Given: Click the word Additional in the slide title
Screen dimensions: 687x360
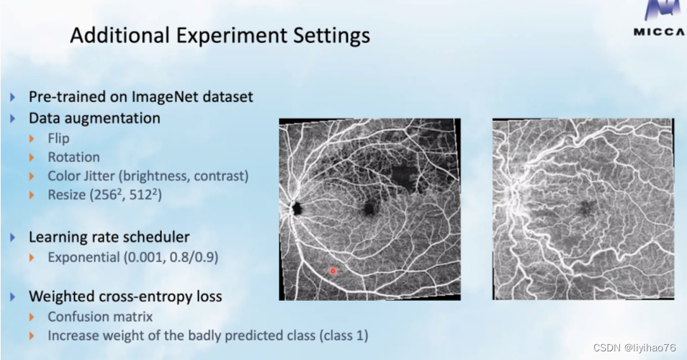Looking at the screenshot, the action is pyautogui.click(x=120, y=35).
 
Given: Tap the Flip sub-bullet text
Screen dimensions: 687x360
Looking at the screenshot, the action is pyautogui.click(x=59, y=138).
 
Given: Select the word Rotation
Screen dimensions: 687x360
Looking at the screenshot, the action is pyautogui.click(x=73, y=157).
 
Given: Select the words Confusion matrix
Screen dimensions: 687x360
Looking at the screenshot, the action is pyautogui.click(x=100, y=317).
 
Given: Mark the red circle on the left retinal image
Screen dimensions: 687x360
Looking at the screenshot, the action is pyautogui.click(x=333, y=271).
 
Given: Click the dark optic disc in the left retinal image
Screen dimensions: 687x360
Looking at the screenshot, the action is pyautogui.click(x=297, y=208).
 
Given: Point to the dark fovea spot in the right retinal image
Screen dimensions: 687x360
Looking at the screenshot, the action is pyautogui.click(x=585, y=207).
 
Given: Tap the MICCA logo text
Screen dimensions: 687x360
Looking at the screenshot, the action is pyautogui.click(x=660, y=32).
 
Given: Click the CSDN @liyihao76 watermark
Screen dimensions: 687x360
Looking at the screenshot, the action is pyautogui.click(x=634, y=348).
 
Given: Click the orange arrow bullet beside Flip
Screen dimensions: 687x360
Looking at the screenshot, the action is pyautogui.click(x=32, y=139).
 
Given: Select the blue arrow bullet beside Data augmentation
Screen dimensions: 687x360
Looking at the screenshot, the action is pyautogui.click(x=12, y=118).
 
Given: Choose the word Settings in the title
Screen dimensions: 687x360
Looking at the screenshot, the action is pyautogui.click(x=331, y=35).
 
